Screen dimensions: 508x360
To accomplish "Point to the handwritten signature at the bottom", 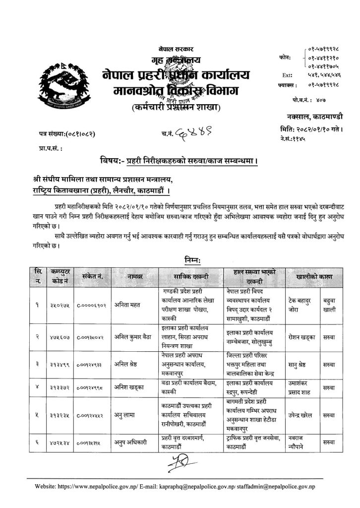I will [x=179, y=465].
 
